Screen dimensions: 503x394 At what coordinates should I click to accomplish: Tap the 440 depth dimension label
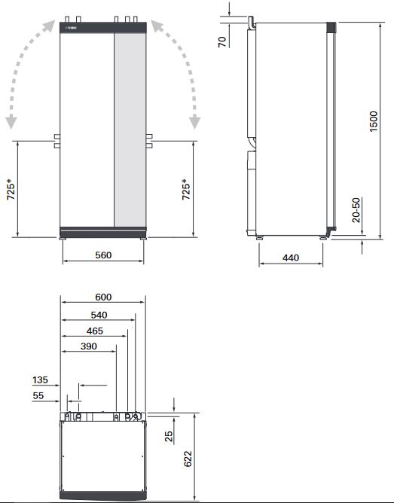[x=291, y=258]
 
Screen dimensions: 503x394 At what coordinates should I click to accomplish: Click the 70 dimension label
[x=222, y=40]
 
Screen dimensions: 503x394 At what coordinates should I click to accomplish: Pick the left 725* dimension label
[x=10, y=194]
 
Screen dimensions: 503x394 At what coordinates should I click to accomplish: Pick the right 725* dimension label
[x=185, y=194]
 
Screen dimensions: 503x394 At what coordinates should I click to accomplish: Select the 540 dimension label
[x=98, y=315]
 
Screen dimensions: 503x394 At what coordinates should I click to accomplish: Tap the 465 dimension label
[x=95, y=331]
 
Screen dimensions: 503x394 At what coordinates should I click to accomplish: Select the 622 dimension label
[x=188, y=457]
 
